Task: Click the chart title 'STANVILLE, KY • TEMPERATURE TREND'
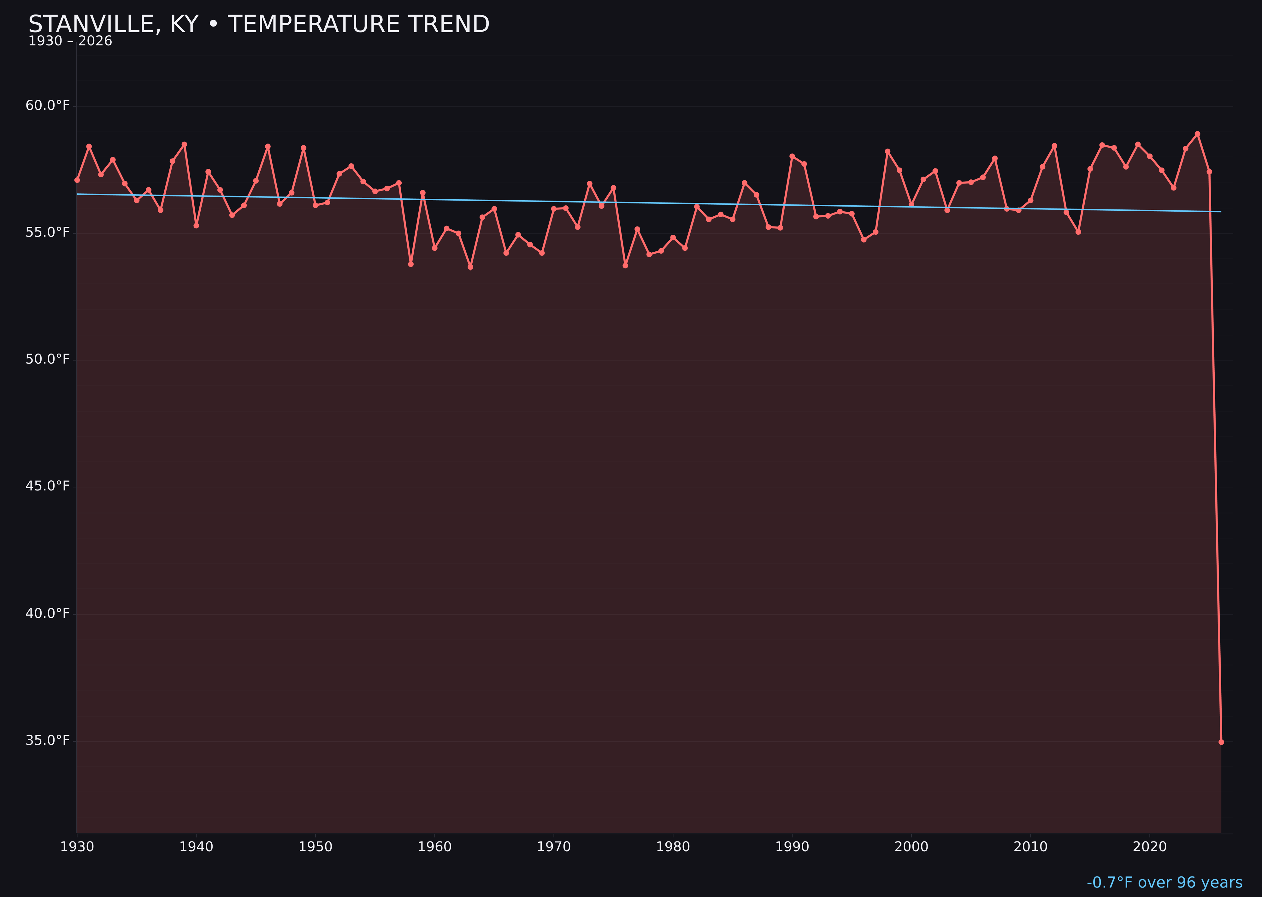click(259, 24)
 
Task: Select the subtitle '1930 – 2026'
click(70, 41)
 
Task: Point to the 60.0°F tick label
click(48, 105)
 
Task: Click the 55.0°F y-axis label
click(48, 232)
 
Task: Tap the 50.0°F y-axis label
click(48, 360)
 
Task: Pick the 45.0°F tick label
click(48, 486)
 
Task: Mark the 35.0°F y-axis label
click(48, 740)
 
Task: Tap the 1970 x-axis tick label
click(554, 847)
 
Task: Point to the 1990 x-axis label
click(792, 847)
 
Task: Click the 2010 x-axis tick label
click(1030, 847)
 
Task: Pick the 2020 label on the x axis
click(1149, 847)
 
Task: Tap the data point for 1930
click(77, 180)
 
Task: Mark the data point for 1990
click(792, 156)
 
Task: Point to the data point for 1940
click(196, 226)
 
